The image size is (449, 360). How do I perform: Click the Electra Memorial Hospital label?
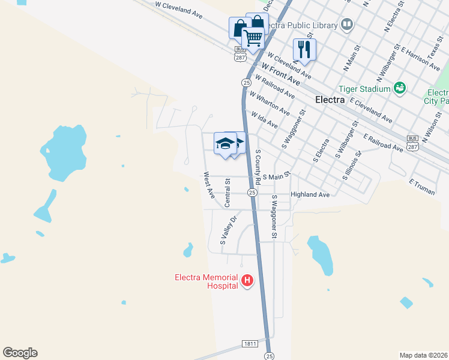[x=206, y=281]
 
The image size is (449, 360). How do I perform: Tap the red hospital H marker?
[x=247, y=280]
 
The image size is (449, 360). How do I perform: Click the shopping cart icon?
[x=253, y=38]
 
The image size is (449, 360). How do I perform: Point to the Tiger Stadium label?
[x=364, y=89]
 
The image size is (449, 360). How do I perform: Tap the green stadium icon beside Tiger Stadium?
[x=400, y=89]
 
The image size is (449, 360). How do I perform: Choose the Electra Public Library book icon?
[x=346, y=25]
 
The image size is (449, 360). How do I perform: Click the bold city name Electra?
[x=330, y=100]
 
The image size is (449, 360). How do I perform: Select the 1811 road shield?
[x=251, y=343]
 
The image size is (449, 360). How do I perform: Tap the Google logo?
[x=20, y=353]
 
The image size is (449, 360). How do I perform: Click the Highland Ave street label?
[x=310, y=195]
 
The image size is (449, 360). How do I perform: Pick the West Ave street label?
[x=208, y=185]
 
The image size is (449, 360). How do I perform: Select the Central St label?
[x=228, y=192]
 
